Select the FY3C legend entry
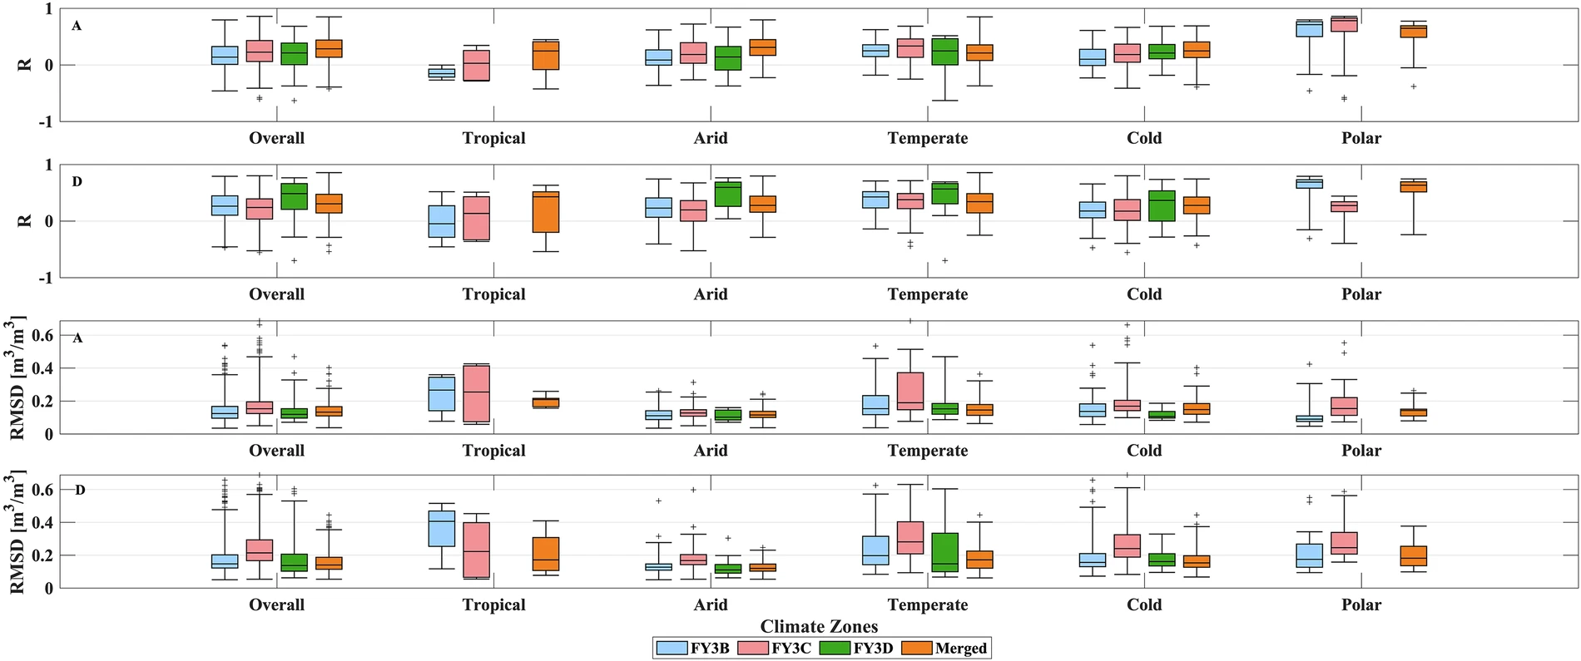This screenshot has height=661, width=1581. (x=775, y=649)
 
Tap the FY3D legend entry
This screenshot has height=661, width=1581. (x=856, y=649)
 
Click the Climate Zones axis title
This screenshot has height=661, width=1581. (x=819, y=626)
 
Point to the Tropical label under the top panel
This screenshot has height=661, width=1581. (x=493, y=138)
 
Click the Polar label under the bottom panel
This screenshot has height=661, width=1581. (x=1360, y=604)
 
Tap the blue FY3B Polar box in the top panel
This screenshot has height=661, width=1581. (x=1310, y=29)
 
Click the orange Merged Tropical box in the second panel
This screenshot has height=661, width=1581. (x=546, y=212)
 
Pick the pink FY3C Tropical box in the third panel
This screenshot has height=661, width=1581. (x=476, y=393)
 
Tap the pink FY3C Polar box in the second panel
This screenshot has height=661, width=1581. (x=1344, y=206)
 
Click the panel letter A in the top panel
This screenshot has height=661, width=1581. (x=77, y=26)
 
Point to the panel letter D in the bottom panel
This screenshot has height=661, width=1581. (x=81, y=490)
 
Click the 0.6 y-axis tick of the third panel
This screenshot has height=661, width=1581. (x=42, y=335)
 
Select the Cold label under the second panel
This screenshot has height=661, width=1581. (x=1144, y=294)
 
